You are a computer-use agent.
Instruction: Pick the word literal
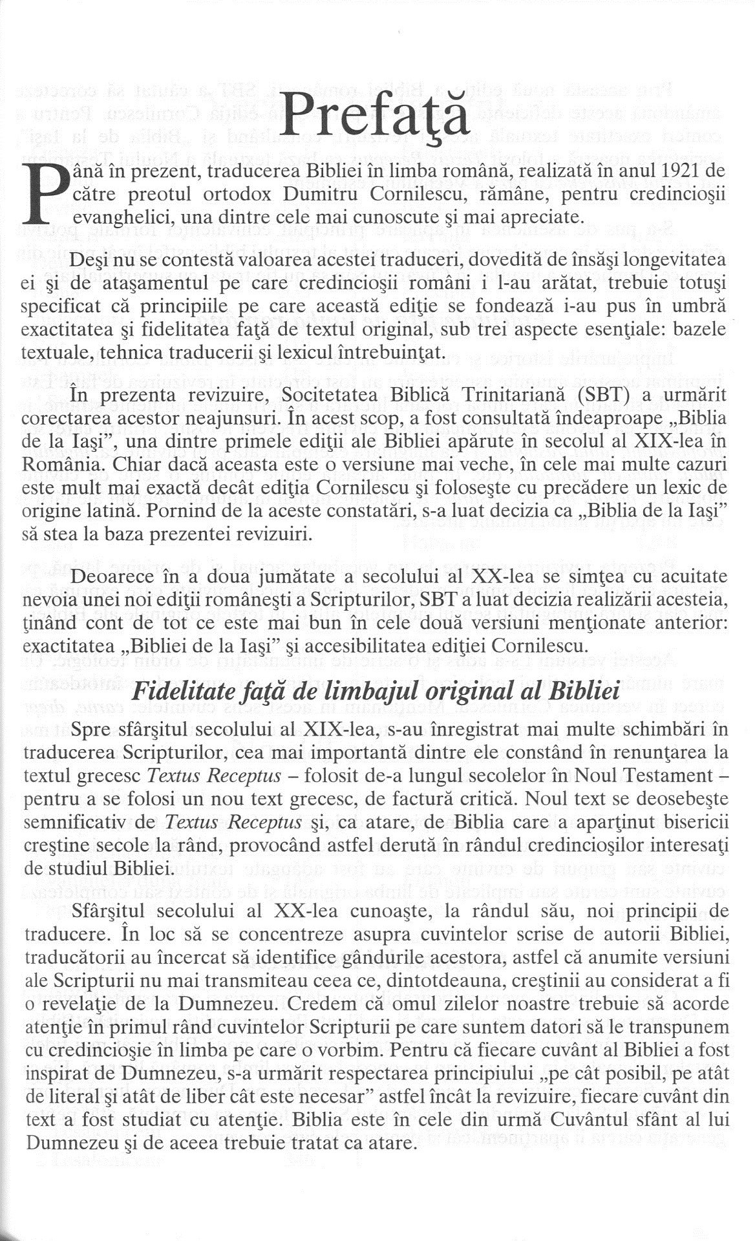(x=68, y=1097)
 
